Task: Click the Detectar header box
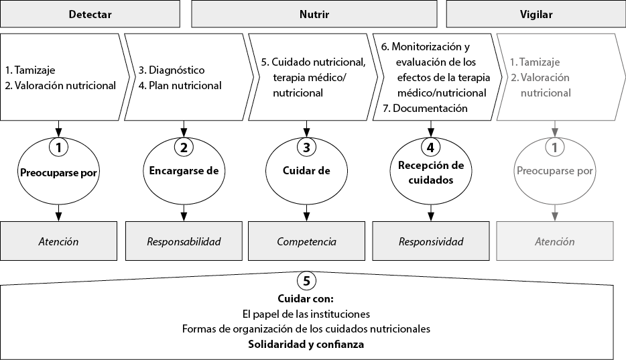pos(90,14)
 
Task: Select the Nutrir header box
pos(314,14)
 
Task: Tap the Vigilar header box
pos(536,14)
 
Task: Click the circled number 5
pos(306,281)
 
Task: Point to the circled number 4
pos(431,147)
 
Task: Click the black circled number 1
pos(59,147)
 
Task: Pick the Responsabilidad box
pos(184,241)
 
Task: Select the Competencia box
pos(306,241)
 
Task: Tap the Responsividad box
pos(431,241)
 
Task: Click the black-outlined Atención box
pos(59,241)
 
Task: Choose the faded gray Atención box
pos(554,241)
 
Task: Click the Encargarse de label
pos(184,171)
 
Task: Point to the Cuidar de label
pos(306,171)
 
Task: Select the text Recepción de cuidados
pos(431,172)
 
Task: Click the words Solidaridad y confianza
pos(306,344)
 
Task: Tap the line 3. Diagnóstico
pos(172,70)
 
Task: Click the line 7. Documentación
pos(425,108)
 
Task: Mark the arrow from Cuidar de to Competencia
pos(306,213)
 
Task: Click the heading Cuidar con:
pos(306,298)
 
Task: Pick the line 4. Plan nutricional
pos(180,85)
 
